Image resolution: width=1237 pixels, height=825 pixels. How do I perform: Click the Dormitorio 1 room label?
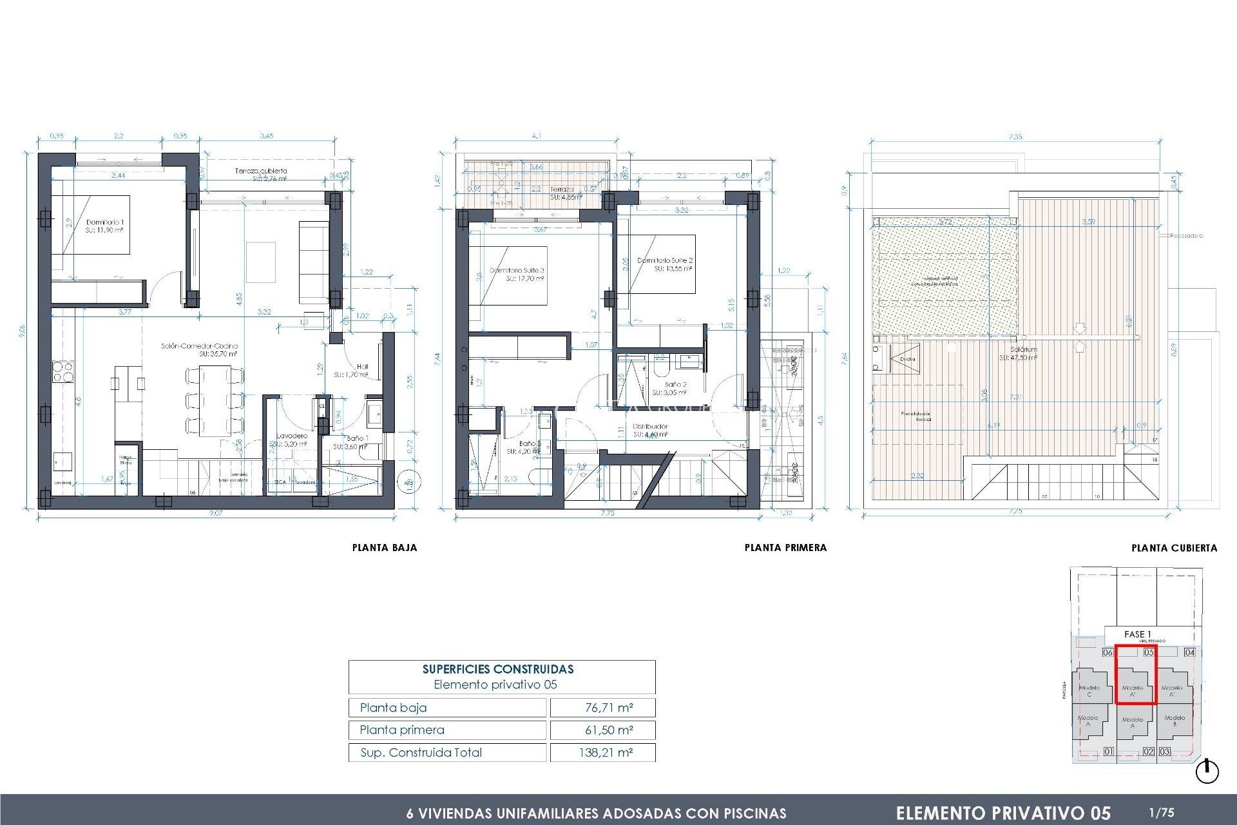coord(105,226)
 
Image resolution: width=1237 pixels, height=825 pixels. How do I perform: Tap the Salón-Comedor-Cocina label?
coord(199,349)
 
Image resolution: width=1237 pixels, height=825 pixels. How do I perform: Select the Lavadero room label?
coord(292,440)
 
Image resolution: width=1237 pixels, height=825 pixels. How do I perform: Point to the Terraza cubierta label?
coord(261,174)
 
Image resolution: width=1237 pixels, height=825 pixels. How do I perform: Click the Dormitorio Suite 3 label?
coord(517,275)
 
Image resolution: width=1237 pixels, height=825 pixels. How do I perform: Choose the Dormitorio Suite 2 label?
coord(665,264)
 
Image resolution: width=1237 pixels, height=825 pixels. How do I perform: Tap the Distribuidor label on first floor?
coord(650,430)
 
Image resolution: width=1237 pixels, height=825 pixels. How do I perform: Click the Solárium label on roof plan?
coord(1023,353)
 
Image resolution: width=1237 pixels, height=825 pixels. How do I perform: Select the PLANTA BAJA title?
coord(385,548)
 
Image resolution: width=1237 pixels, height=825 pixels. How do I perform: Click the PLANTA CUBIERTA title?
coord(1174,548)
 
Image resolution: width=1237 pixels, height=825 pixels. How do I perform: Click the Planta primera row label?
coord(402,730)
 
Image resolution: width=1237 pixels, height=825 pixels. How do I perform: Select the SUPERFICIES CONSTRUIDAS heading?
coord(497,669)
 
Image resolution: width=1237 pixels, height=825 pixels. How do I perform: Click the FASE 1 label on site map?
coord(1137,634)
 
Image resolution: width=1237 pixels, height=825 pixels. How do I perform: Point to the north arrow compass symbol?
coord(1207,772)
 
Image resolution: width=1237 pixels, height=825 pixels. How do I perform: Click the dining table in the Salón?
coord(215,400)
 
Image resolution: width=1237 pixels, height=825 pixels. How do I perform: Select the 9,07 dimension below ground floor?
coord(216,513)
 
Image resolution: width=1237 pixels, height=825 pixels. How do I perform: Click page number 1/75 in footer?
coord(1161,813)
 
